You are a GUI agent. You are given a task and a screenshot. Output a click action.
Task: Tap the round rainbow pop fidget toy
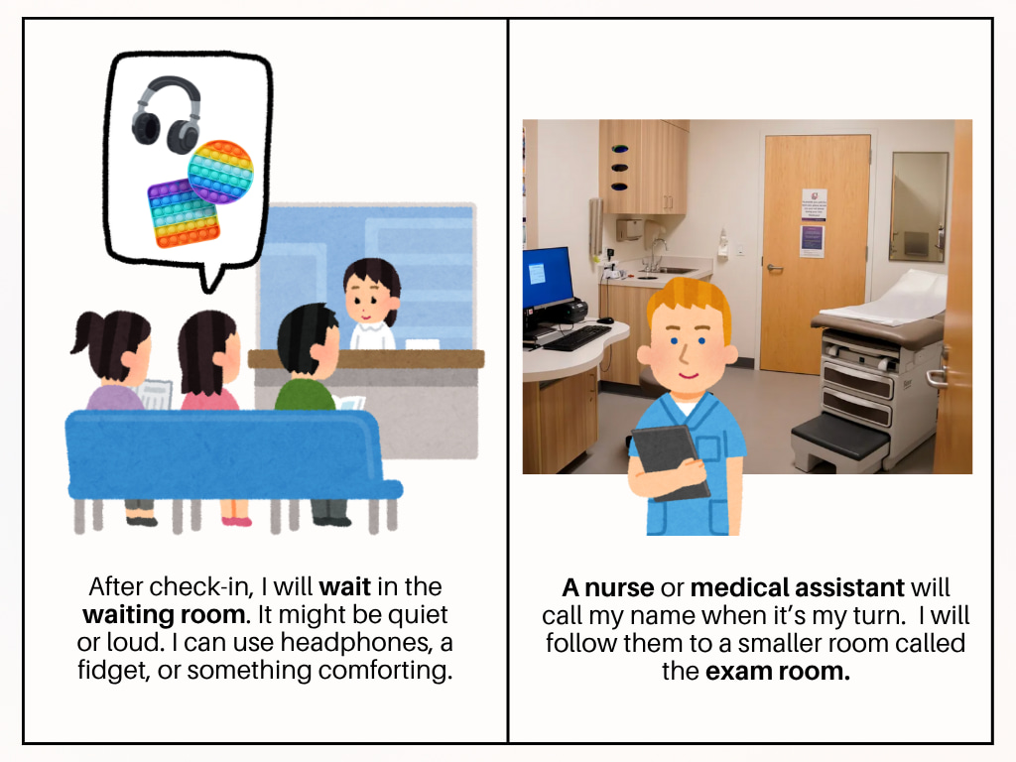point(220,172)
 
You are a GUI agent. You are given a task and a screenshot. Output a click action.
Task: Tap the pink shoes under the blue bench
point(236,520)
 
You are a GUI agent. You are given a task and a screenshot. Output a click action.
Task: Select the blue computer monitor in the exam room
point(548,278)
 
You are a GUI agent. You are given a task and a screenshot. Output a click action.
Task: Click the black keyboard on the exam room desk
point(576,337)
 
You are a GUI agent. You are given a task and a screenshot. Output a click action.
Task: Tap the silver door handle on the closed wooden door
point(774,268)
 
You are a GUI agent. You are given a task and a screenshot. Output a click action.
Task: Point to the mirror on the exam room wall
point(920,206)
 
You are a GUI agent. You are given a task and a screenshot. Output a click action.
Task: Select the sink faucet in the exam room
point(657,253)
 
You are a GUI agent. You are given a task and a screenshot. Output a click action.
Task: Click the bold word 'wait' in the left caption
point(344,586)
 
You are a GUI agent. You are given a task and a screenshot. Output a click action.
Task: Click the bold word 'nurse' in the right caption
point(619,587)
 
